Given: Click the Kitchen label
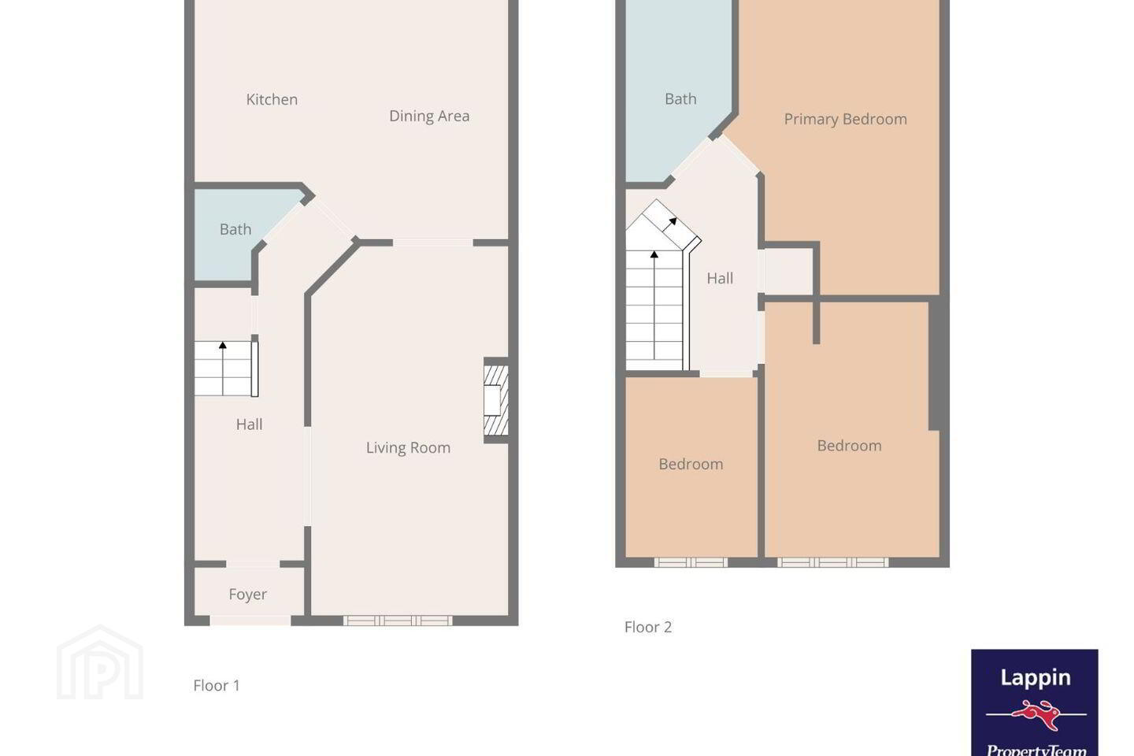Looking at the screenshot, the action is point(272,99).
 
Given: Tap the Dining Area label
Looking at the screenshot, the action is point(429,116).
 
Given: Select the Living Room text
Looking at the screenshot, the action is point(408,447).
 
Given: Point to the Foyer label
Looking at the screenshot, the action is point(247,594).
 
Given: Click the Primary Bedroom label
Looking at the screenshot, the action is point(846,119).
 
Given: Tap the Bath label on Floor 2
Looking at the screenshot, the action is point(680,98).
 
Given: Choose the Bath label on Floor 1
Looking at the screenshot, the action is point(235,229).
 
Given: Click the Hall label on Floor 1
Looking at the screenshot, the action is point(249,424).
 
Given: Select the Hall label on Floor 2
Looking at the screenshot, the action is point(720,278).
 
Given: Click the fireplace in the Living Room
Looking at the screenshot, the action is point(496,401).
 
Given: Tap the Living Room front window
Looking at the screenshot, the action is point(398,621).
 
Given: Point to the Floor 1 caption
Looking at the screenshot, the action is point(216,685).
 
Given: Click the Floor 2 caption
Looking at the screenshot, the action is point(648,627).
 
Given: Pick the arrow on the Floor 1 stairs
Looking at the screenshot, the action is point(223,369).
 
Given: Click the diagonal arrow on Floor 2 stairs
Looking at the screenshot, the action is point(669,224).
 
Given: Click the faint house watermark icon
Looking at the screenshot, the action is point(100,662).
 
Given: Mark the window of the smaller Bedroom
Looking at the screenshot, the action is point(691,562).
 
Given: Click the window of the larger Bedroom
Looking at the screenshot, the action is point(833,562).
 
